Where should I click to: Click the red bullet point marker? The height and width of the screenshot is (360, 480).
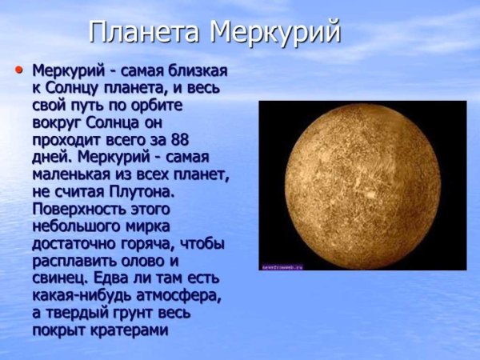tap(19, 70)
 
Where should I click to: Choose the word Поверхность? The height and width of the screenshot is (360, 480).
tap(81, 209)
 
